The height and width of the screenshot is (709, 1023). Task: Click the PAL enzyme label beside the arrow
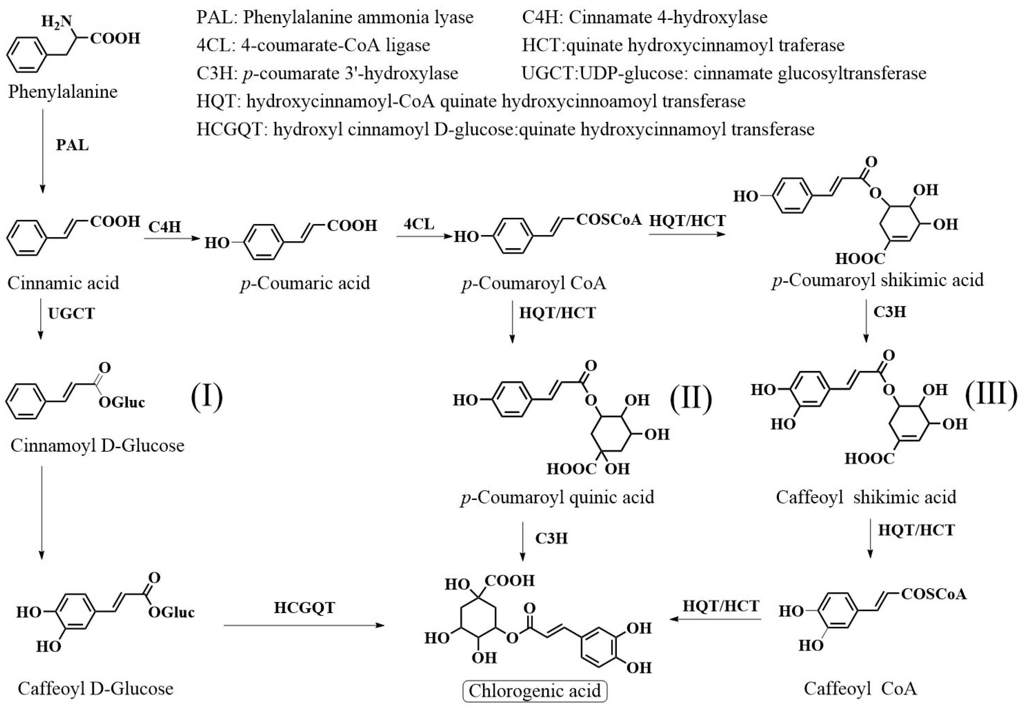click(x=72, y=145)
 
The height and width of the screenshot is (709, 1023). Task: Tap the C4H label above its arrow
click(x=165, y=227)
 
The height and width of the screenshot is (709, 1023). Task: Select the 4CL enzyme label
click(x=419, y=224)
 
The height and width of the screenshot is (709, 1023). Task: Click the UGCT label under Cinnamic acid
click(x=71, y=313)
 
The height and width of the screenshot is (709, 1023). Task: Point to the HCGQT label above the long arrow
click(x=304, y=607)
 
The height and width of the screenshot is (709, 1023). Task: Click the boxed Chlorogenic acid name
click(x=535, y=691)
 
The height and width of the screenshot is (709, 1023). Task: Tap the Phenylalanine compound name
click(x=63, y=91)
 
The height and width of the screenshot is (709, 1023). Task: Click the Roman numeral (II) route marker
click(x=691, y=397)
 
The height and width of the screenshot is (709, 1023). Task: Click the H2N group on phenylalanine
click(x=56, y=21)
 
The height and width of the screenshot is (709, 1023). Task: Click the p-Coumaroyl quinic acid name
click(x=558, y=497)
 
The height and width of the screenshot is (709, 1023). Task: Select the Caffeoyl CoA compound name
click(x=860, y=688)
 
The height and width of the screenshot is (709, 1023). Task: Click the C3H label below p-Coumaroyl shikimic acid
click(x=889, y=312)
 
